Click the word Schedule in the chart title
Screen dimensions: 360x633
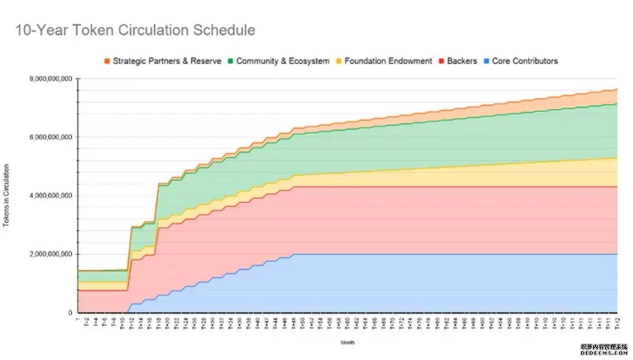(224, 30)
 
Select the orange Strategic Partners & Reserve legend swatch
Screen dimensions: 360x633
(107, 61)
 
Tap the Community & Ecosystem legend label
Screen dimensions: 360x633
(283, 61)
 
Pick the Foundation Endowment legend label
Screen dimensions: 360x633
(388, 61)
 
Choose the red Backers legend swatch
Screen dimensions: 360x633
(442, 61)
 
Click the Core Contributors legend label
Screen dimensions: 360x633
(525, 61)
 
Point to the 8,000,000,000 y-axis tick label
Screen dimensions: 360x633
(50, 79)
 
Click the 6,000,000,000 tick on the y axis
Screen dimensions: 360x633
(50, 137)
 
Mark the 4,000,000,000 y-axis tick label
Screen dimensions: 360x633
(50, 196)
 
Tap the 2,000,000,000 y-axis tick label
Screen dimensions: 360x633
(50, 254)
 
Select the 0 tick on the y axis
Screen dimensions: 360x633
(69, 313)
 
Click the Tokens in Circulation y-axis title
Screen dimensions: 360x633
(6, 196)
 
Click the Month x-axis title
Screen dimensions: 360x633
(347, 343)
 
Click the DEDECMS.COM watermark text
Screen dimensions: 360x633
(604, 353)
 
